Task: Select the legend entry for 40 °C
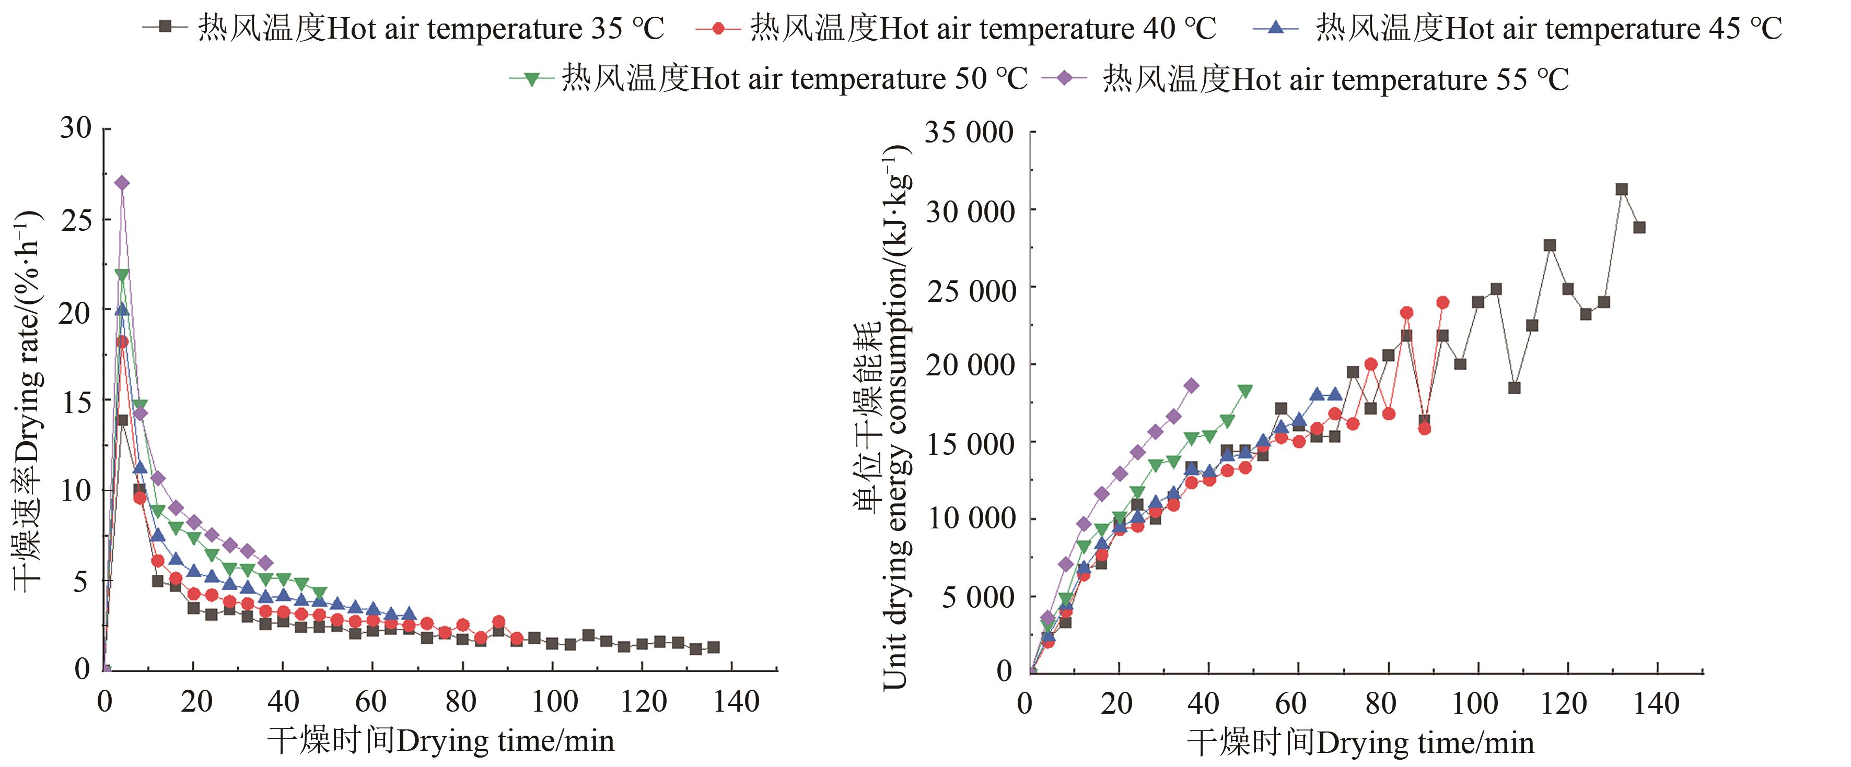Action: click(x=956, y=29)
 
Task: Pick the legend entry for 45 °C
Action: click(x=1517, y=29)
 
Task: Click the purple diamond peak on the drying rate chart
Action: click(x=122, y=183)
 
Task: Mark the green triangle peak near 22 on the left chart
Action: click(x=122, y=275)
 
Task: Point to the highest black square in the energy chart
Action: click(x=1622, y=190)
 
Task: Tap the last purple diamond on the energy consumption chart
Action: click(x=1191, y=386)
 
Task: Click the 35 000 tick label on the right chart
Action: click(x=969, y=133)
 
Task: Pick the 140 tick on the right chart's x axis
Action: click(x=1656, y=704)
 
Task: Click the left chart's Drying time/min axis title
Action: click(x=440, y=741)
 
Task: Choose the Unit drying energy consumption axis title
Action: click(x=882, y=417)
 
